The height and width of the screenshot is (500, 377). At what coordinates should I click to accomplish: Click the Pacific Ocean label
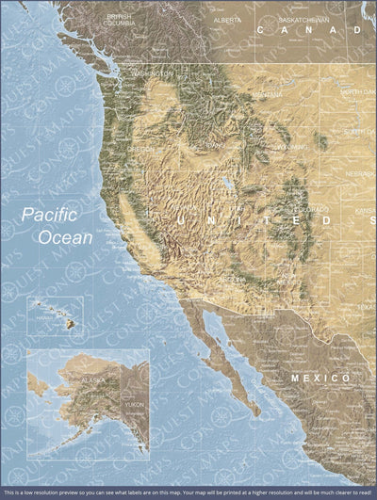click(58, 226)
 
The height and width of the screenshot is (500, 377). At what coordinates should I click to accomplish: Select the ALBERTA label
click(227, 19)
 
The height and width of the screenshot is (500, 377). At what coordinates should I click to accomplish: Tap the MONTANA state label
click(267, 95)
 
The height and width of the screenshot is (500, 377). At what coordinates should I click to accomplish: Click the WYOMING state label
click(291, 148)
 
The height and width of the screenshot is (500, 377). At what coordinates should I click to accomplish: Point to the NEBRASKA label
click(359, 173)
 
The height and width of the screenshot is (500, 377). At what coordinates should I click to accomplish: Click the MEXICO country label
click(313, 377)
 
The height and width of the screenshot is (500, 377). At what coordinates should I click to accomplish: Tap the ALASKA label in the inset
click(93, 379)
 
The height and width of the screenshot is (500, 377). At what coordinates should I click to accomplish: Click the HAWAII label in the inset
click(41, 317)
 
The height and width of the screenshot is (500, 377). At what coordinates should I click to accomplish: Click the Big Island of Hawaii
click(70, 325)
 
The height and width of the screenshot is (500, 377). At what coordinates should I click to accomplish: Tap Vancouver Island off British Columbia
click(104, 52)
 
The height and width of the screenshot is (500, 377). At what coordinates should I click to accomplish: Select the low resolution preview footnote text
click(188, 492)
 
